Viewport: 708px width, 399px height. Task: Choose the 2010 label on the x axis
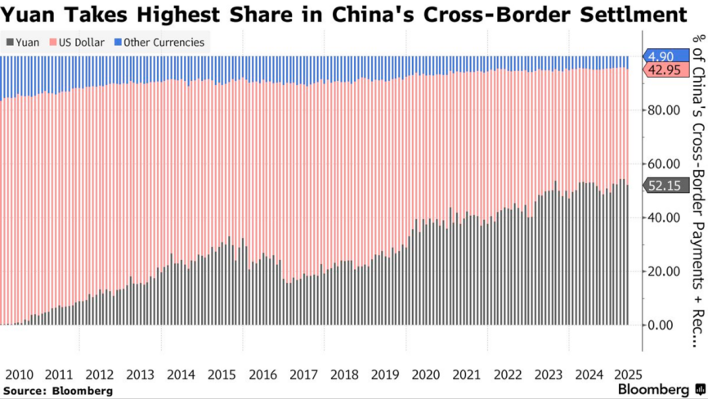tap(19, 374)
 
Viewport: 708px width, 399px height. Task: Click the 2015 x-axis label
tap(222, 374)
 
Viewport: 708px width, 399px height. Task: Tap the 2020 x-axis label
tap(425, 374)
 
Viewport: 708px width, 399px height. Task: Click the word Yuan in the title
tap(29, 15)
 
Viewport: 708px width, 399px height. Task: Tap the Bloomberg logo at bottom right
tap(657, 390)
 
